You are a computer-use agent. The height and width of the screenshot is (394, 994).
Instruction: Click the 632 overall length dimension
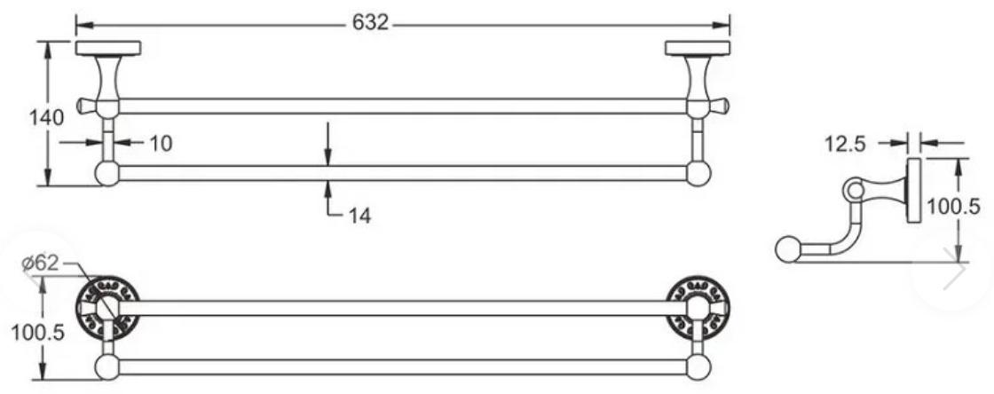click(370, 23)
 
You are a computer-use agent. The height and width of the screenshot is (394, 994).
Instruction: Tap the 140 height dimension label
click(46, 117)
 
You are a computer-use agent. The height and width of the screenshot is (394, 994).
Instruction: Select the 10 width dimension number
click(161, 143)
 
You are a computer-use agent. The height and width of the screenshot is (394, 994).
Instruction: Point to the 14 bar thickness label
click(359, 216)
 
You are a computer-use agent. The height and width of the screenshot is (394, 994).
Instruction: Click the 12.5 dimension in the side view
click(845, 145)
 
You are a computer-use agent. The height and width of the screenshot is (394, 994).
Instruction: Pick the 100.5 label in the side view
click(954, 206)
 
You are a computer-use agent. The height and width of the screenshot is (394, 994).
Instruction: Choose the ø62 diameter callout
click(40, 263)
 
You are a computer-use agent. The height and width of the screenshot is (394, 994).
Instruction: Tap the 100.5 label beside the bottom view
click(38, 332)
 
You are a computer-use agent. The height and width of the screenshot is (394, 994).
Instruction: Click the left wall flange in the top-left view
click(107, 48)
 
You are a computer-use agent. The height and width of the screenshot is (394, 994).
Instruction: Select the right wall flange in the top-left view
click(698, 48)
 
